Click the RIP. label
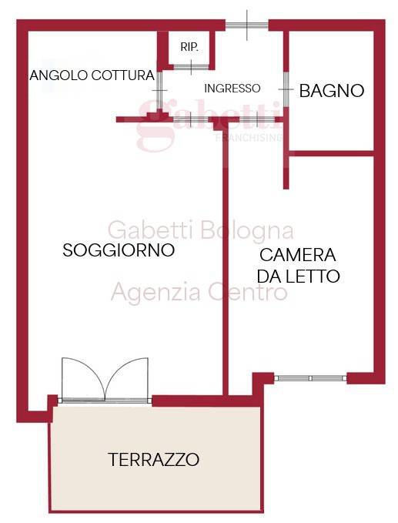(x=189, y=47)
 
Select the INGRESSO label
(x=232, y=88)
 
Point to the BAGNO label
(x=331, y=90)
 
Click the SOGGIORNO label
(x=119, y=250)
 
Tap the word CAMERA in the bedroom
(x=298, y=255)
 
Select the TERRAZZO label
(x=154, y=460)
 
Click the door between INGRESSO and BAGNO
(x=284, y=91)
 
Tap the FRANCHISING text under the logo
(x=247, y=137)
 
